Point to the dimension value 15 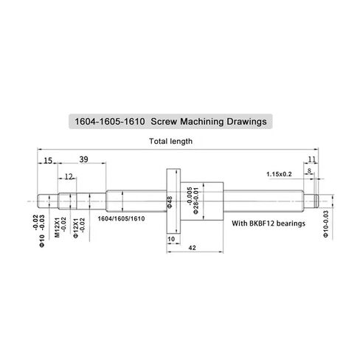46,160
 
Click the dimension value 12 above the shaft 68,176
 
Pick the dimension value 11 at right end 312,159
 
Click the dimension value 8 310,170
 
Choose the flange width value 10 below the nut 171,239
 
